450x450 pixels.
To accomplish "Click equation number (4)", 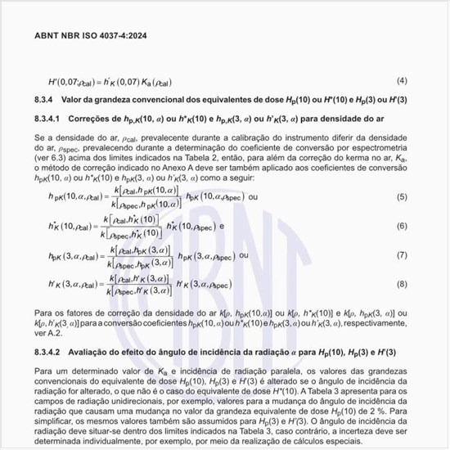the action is (402, 80).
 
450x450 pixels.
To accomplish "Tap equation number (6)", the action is (402, 226).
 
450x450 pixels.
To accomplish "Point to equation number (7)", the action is (402, 254).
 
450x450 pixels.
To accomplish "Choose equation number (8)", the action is (402, 283).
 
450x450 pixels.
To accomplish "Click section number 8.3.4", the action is (44, 99).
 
